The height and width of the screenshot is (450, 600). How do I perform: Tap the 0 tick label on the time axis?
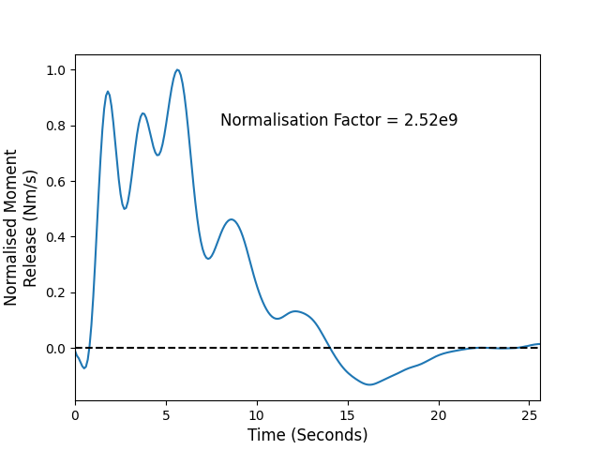pos(75,415)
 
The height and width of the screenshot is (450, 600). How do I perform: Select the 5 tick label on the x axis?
pos(166,415)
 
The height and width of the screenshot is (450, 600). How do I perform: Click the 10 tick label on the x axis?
pos(257,415)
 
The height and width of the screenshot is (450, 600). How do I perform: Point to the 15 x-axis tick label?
pos(348,415)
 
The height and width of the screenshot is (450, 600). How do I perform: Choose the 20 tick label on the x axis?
pos(439,415)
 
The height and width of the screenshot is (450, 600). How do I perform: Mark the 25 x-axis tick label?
pos(529,415)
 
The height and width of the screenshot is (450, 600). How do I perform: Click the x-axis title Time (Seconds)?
pos(307,435)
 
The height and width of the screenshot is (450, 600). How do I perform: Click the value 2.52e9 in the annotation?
pos(431,120)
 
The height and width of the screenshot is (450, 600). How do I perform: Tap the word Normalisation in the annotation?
pos(275,120)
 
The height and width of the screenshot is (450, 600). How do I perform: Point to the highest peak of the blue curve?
pos(177,69)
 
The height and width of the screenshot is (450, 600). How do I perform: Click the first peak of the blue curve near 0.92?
pos(108,92)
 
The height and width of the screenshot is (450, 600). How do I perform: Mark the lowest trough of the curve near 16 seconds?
pos(369,384)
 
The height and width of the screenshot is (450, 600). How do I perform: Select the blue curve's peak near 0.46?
pos(232,219)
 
